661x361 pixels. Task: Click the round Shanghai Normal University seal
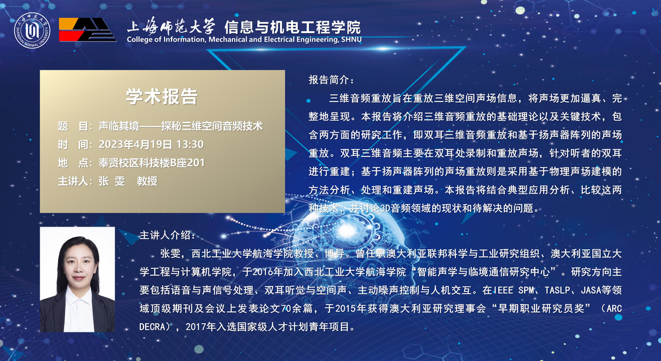32,30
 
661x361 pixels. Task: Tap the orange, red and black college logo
87,30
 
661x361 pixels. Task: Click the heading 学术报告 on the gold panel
162,96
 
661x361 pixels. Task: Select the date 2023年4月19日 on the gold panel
136,144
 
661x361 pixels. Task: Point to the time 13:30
190,144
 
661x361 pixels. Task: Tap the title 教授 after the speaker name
147,181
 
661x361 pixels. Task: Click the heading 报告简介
331,80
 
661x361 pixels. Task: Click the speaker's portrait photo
77,280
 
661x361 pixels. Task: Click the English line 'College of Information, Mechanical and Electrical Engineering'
232,40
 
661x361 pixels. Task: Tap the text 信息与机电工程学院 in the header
292,27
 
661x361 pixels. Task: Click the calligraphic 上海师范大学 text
171,26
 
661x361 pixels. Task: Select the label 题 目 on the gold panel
75,126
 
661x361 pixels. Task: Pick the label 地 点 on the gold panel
75,162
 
